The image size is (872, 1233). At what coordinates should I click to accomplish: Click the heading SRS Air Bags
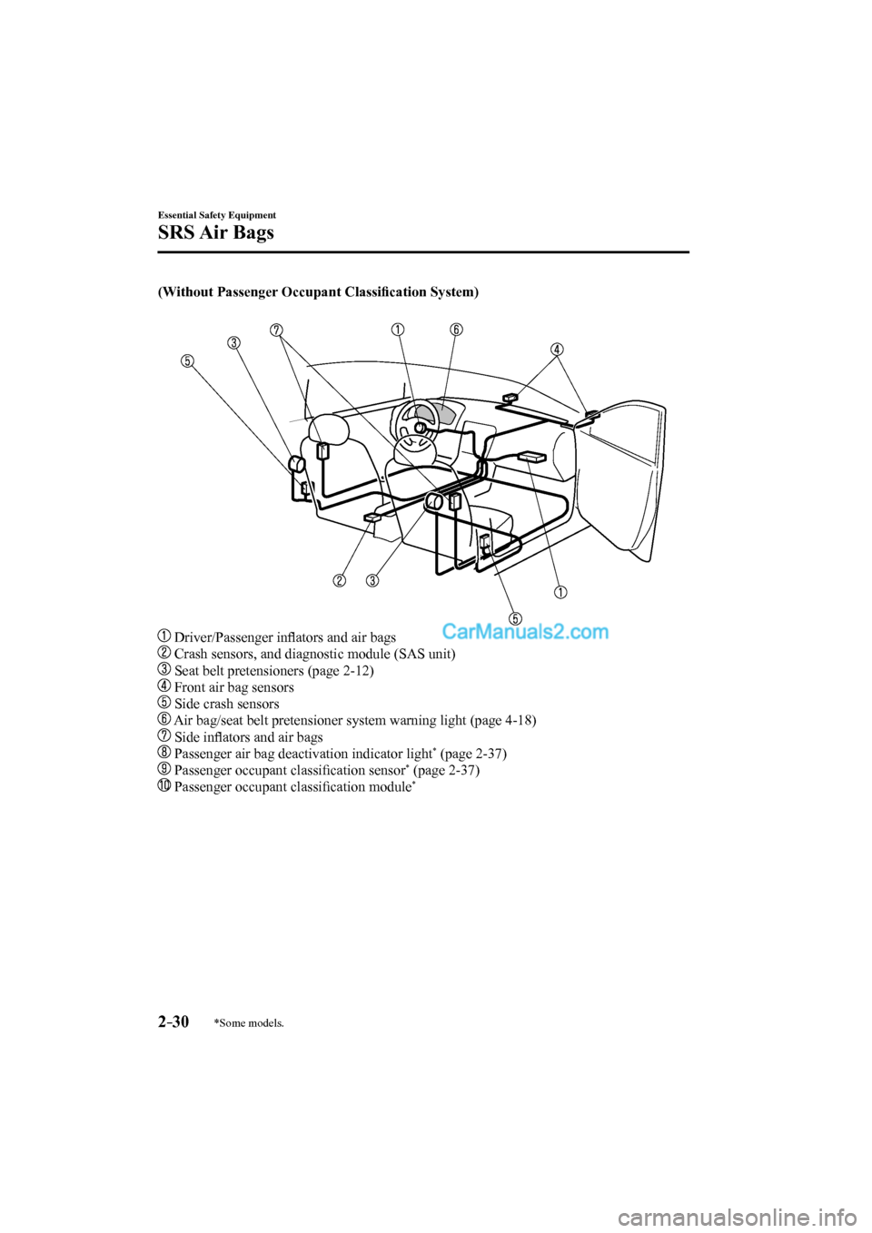[x=215, y=232]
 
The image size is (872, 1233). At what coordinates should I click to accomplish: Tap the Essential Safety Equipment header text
[x=216, y=215]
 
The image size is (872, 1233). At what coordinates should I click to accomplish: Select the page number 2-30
[x=173, y=1021]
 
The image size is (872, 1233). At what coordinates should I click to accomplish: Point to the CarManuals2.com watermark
[x=524, y=632]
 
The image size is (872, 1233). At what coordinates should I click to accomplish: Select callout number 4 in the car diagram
[x=557, y=349]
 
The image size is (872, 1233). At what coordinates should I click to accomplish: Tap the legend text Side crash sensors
[x=226, y=704]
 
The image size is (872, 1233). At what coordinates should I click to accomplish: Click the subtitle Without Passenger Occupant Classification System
[x=318, y=291]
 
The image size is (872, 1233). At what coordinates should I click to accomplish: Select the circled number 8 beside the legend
[x=164, y=754]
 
